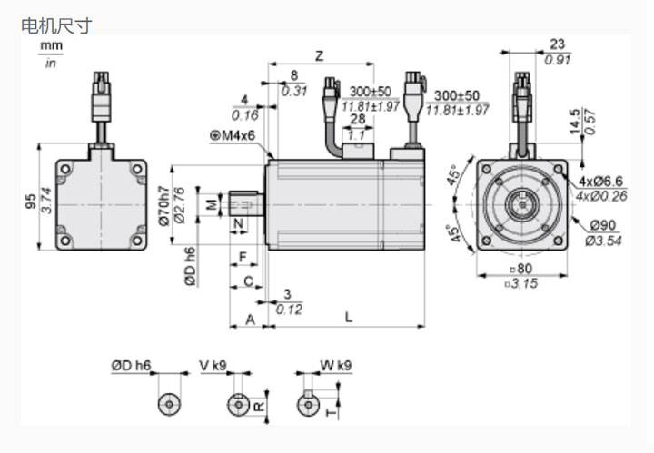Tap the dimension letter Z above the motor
[319, 55]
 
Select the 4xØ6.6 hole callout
[599, 182]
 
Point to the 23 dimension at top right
[558, 44]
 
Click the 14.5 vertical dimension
[574, 123]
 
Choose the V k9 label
[213, 366]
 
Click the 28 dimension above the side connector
[357, 119]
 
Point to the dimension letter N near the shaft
[239, 222]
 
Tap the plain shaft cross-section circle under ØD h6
[168, 404]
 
